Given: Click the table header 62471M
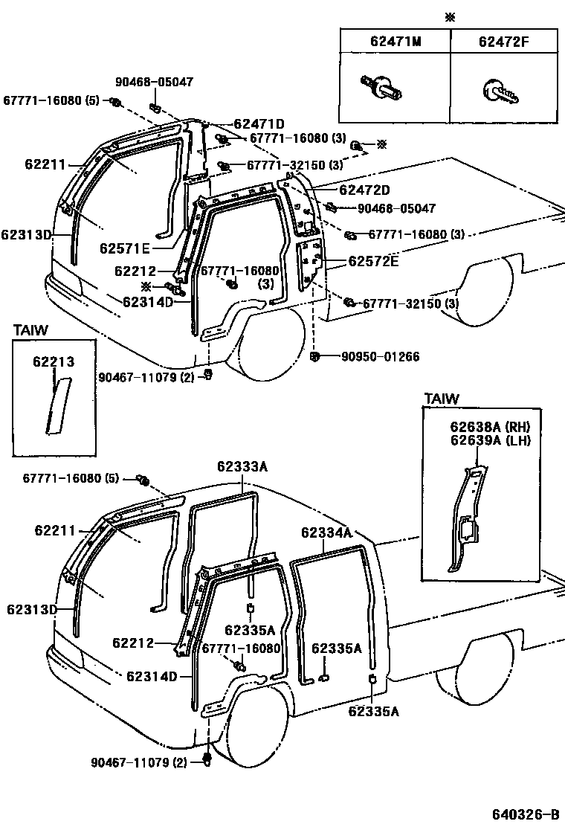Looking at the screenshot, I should point(395,42).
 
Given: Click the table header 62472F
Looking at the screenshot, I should point(503,42).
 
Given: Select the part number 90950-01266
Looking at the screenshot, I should point(380,357).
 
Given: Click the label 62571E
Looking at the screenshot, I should point(125,248).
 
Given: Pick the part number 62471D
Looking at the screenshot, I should point(259,124).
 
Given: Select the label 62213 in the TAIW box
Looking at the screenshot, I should point(53,362).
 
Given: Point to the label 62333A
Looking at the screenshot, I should point(242,467).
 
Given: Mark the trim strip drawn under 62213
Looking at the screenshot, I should point(55,405).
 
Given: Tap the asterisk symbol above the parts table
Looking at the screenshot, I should point(449,17).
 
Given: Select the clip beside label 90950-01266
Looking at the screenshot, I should point(315,357).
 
